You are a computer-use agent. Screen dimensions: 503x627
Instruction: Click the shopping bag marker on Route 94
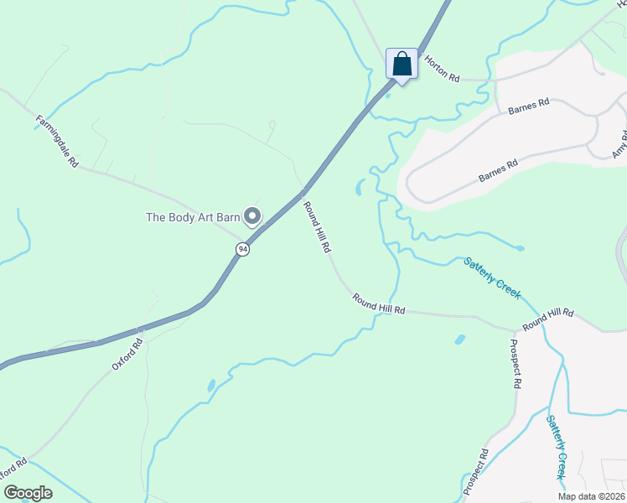[x=402, y=65]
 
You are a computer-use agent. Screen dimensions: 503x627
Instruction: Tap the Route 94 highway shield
[x=242, y=250]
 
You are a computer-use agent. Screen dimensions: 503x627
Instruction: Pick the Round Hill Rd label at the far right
[x=548, y=319]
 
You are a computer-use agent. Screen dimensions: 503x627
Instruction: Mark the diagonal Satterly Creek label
[x=492, y=277]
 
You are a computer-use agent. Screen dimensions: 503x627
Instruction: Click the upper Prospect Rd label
[x=516, y=363]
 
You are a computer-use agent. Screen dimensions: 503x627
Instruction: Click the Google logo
[x=28, y=493]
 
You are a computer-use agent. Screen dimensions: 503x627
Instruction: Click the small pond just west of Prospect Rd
[x=459, y=340]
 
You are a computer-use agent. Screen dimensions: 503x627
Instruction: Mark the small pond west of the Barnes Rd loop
[x=360, y=187]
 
